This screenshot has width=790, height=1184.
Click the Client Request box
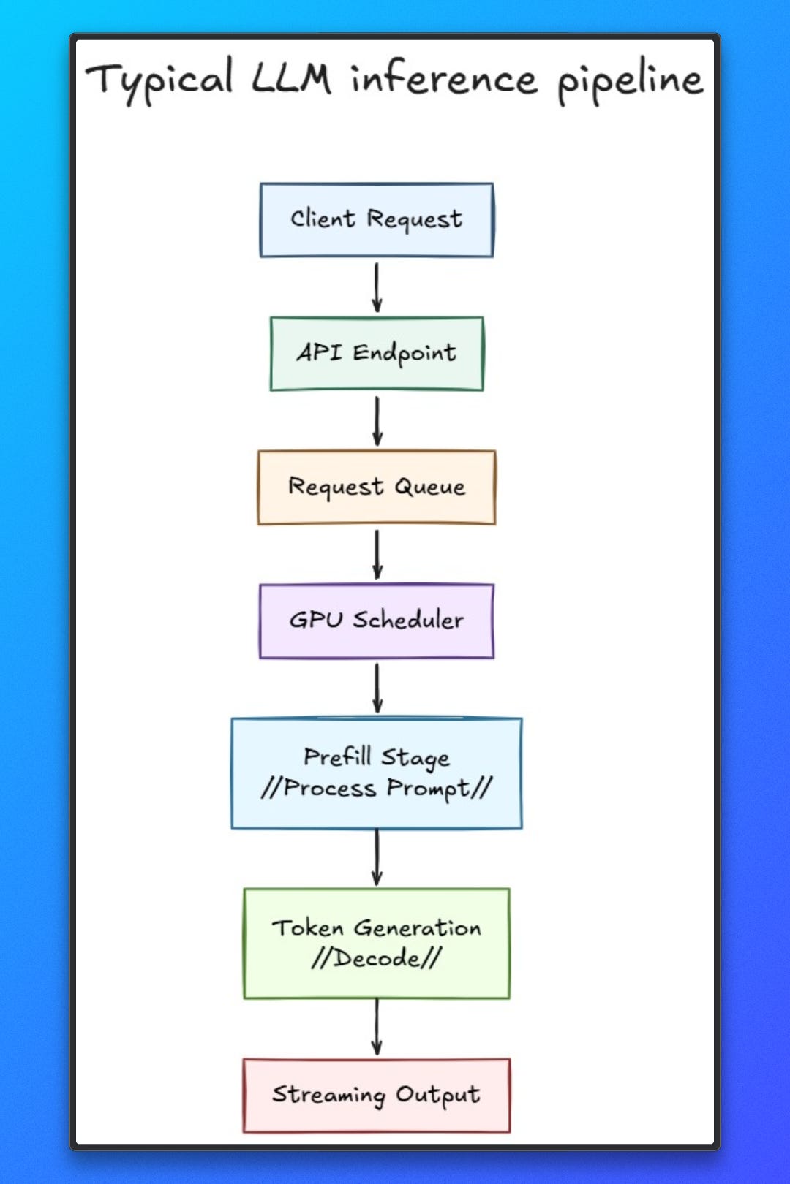pos(377,219)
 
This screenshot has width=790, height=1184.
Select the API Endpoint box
pos(377,353)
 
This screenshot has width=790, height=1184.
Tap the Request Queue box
pos(377,487)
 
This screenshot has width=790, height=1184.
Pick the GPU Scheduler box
pos(377,621)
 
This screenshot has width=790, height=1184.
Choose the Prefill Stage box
pos(377,773)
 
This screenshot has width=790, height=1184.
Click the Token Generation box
pos(377,943)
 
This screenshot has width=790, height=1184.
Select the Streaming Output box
pos(377,1095)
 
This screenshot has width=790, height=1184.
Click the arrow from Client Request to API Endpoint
pos(377,287)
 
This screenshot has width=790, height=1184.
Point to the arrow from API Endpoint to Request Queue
pos(377,421)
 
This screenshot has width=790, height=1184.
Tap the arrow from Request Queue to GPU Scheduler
pos(377,555)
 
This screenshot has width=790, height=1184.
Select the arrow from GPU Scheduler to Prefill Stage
pos(377,688)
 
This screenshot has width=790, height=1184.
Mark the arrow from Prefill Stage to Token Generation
pos(377,857)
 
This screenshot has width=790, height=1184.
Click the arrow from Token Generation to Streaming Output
pos(377,1028)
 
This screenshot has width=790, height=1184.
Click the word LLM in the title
pos(291,78)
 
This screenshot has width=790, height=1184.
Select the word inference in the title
pos(443,78)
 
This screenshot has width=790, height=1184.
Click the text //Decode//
pos(377,958)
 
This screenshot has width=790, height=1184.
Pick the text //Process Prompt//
pos(377,788)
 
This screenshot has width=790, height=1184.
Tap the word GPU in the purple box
pos(316,621)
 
